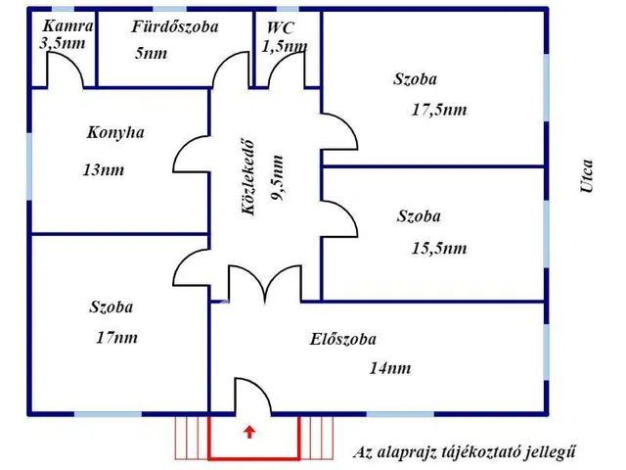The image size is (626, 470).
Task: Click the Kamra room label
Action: tap(67, 26)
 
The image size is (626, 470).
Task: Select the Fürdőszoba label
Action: tap(175, 26)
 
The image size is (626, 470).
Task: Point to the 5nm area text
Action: tap(151, 53)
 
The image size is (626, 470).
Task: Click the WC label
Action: tap(280, 27)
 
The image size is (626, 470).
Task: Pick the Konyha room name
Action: tap(115, 132)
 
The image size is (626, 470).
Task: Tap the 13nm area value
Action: tap(103, 169)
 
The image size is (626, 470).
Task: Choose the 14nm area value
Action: tap(389, 368)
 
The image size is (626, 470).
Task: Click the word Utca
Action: tap(586, 176)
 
